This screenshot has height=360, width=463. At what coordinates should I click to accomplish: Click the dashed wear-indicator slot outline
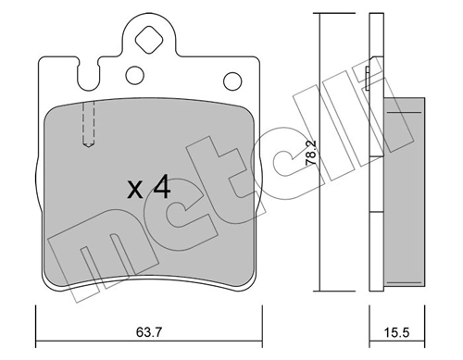pos(89,123)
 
